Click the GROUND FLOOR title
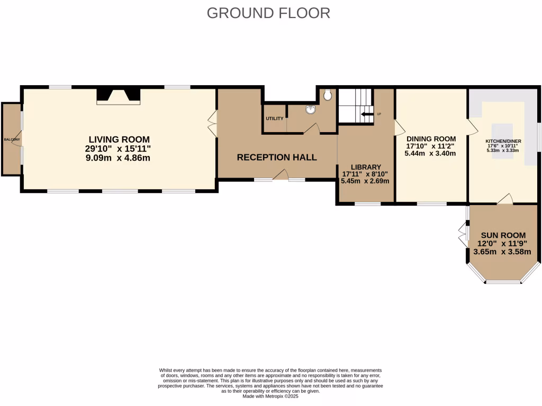pos(268,13)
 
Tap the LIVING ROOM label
pos(119,140)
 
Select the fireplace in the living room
pos(119,96)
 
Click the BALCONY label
pos(12,139)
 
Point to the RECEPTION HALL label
pos(277,157)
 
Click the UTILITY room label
pos(275,118)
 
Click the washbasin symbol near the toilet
pos(310,110)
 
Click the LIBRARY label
pos(366,167)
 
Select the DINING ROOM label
pos(431,139)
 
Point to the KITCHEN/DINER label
pos(504,141)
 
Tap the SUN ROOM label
pos(503,235)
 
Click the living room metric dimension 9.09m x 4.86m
pos(119,157)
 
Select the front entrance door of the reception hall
pos(280,176)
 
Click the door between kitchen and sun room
pos(505,199)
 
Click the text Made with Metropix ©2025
pos(270,396)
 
